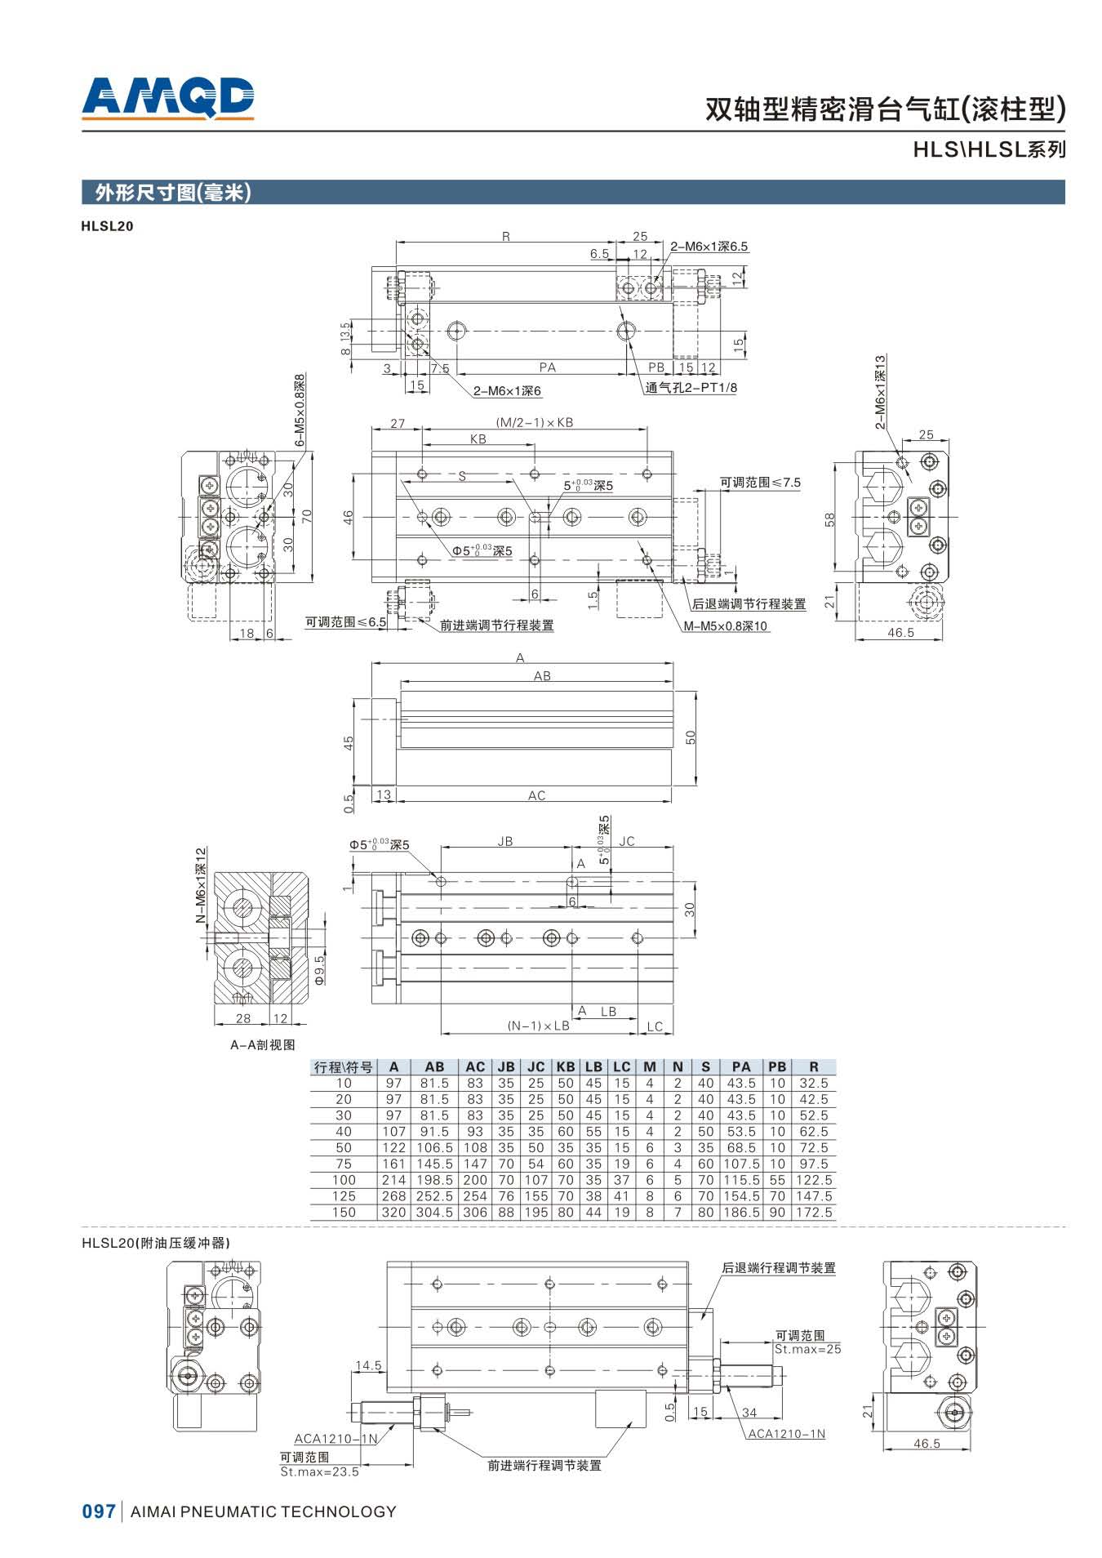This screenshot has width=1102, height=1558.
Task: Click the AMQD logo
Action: pyautogui.click(x=168, y=97)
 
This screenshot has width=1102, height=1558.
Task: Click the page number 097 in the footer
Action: pyautogui.click(x=99, y=1511)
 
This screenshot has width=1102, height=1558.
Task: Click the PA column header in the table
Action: pyautogui.click(x=740, y=1066)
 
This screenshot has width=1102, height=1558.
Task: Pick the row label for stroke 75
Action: pyautogui.click(x=344, y=1164)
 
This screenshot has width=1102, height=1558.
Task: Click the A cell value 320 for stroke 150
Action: pyautogui.click(x=393, y=1213)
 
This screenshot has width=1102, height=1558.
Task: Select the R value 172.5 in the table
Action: pyautogui.click(x=813, y=1213)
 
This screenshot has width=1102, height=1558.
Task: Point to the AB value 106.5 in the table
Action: pyautogui.click(x=434, y=1147)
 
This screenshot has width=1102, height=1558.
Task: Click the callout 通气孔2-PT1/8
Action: pyautogui.click(x=691, y=388)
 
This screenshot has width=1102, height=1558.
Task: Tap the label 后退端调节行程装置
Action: pyautogui.click(x=749, y=604)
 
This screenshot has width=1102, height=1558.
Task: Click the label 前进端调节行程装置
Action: pyautogui.click(x=496, y=625)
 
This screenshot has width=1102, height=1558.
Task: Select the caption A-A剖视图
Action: pyautogui.click(x=262, y=1044)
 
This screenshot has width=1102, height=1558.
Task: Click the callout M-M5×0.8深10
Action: pyautogui.click(x=726, y=626)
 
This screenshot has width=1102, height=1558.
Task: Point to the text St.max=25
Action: pyautogui.click(x=807, y=1349)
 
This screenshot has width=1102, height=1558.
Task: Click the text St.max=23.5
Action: pyautogui.click(x=319, y=1471)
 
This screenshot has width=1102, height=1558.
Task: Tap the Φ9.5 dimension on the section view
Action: pyautogui.click(x=320, y=968)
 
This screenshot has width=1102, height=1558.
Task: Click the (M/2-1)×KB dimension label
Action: pyautogui.click(x=534, y=423)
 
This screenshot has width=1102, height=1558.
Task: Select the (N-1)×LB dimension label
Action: pyautogui.click(x=538, y=1026)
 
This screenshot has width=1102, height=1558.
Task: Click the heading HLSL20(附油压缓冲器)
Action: pyautogui.click(x=155, y=1243)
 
